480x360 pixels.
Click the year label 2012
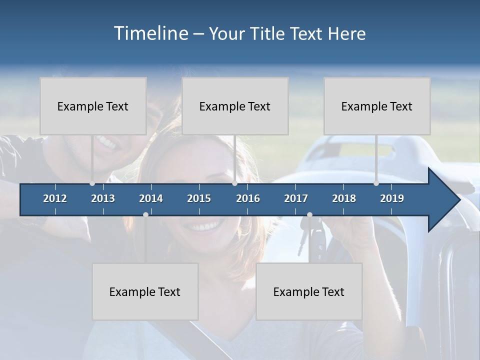pyautogui.click(x=55, y=198)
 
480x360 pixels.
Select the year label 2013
pyautogui.click(x=103, y=198)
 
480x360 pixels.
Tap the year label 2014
pyautogui.click(x=151, y=198)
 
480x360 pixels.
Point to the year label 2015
pyautogui.click(x=199, y=198)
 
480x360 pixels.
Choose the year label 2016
pyautogui.click(x=248, y=198)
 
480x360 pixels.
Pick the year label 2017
pyautogui.click(x=296, y=198)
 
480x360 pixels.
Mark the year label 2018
pyautogui.click(x=344, y=198)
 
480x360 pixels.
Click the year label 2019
pyautogui.click(x=392, y=198)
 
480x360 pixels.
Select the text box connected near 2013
pyautogui.click(x=93, y=106)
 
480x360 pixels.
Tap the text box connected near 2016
pyautogui.click(x=235, y=106)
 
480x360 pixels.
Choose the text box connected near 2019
pyautogui.click(x=377, y=106)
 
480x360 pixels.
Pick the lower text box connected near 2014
pyautogui.click(x=145, y=291)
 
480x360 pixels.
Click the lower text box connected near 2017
pyautogui.click(x=309, y=291)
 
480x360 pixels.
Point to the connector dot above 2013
pyautogui.click(x=92, y=183)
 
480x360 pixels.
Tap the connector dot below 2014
pyautogui.click(x=145, y=214)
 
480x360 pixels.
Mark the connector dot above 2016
pyautogui.click(x=234, y=183)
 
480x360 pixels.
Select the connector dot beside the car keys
pyautogui.click(x=309, y=214)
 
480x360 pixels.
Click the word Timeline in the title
pyautogui.click(x=151, y=33)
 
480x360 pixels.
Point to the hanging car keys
pyautogui.click(x=303, y=240)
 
